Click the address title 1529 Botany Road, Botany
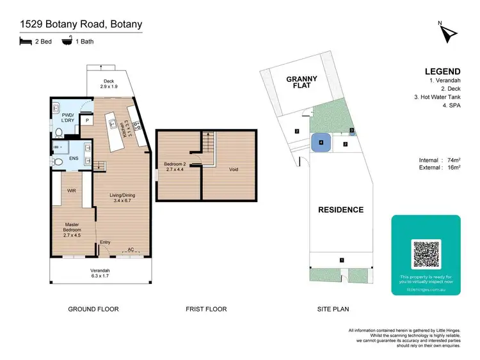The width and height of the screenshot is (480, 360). coord(81,25)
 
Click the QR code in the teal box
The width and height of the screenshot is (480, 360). coord(426,254)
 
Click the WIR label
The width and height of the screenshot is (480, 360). coord(72,191)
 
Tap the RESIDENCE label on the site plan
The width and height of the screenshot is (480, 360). coord(341,210)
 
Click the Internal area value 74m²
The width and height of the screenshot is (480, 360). coord(451,160)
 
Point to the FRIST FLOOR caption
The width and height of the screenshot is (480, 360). coord(206,309)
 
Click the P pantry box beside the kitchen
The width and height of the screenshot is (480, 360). coord(87,120)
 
